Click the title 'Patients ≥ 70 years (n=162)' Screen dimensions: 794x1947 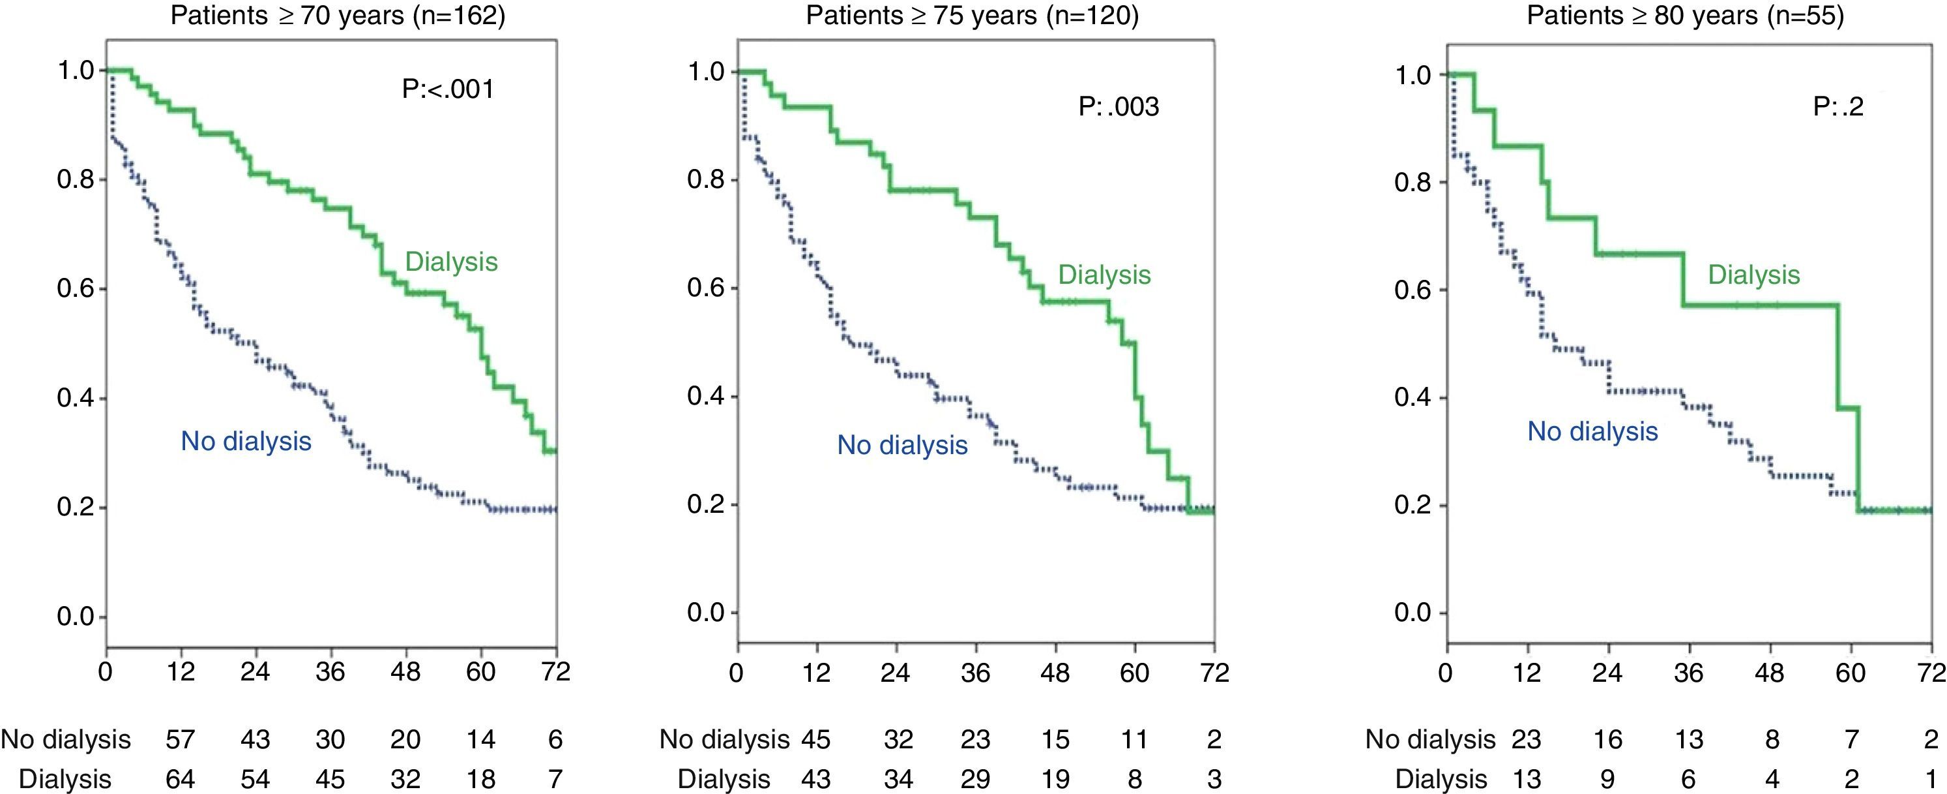tap(337, 16)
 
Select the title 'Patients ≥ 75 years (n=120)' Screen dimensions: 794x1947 tap(972, 16)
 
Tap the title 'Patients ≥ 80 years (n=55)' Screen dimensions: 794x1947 tap(1685, 16)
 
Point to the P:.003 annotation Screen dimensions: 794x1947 tap(1118, 106)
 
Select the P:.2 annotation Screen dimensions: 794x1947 tap(1837, 106)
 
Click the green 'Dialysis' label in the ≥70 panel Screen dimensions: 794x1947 tap(451, 262)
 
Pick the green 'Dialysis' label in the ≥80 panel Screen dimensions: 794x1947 tap(1753, 275)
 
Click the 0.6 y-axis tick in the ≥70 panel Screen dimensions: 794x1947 tap(76, 289)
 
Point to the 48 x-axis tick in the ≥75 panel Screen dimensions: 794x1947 tap(1055, 672)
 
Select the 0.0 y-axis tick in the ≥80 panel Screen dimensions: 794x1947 tap(1413, 613)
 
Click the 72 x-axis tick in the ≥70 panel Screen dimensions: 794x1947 tap(555, 671)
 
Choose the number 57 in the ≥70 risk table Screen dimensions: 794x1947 tap(180, 739)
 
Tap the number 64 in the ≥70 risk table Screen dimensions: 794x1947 tap(180, 779)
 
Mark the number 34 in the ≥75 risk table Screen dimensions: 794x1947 tap(898, 779)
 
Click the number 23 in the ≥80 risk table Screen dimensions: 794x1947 tap(1525, 739)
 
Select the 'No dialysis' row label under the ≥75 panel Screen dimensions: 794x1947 tap(724, 739)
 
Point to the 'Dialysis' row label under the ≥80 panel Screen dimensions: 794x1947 tap(1441, 779)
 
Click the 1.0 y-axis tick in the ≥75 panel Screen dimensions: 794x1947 tap(706, 72)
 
